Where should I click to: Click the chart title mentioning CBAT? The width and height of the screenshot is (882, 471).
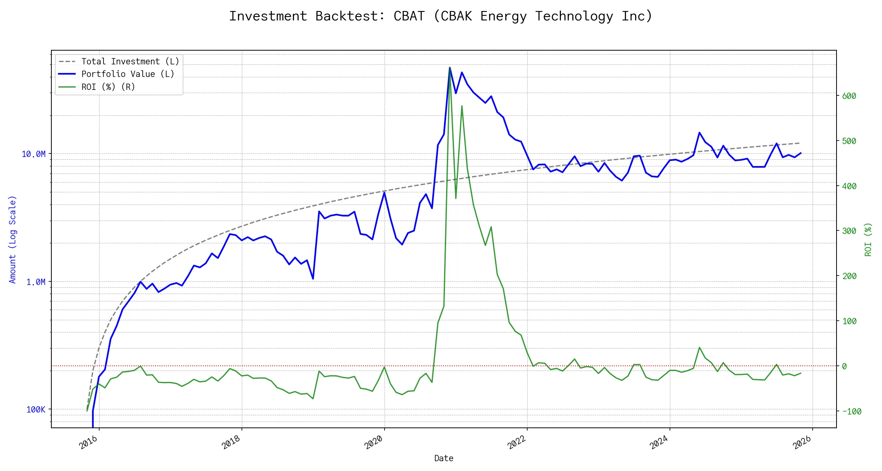coord(441,16)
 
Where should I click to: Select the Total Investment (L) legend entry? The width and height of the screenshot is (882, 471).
coord(130,62)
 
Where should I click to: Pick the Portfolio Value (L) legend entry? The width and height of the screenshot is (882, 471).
coord(127,74)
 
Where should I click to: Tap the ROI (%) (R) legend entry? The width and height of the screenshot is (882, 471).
coord(108,87)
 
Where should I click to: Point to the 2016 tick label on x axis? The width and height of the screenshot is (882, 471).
coord(89,442)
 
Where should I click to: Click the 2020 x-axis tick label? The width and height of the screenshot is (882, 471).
coord(374,442)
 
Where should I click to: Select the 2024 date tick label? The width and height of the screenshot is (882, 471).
coord(659,442)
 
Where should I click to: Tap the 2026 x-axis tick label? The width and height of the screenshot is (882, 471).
coord(802,442)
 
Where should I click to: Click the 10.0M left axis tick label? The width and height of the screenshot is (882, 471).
coord(33,154)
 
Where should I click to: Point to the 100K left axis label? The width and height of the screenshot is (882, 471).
coord(36,409)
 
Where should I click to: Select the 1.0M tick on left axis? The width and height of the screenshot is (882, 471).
coord(36,282)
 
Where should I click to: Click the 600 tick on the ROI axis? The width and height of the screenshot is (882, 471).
coord(849,96)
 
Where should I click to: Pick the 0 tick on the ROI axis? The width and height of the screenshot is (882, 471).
coord(844,366)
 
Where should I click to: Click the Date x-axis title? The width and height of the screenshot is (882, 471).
coord(444,458)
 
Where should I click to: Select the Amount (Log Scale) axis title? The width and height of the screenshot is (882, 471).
coord(13,239)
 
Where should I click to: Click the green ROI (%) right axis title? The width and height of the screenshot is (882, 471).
coord(868,239)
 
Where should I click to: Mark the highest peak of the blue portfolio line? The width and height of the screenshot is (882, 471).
coord(450,68)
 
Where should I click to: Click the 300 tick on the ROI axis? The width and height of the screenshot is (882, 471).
coord(849,231)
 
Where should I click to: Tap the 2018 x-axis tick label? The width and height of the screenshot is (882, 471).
coord(231,442)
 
